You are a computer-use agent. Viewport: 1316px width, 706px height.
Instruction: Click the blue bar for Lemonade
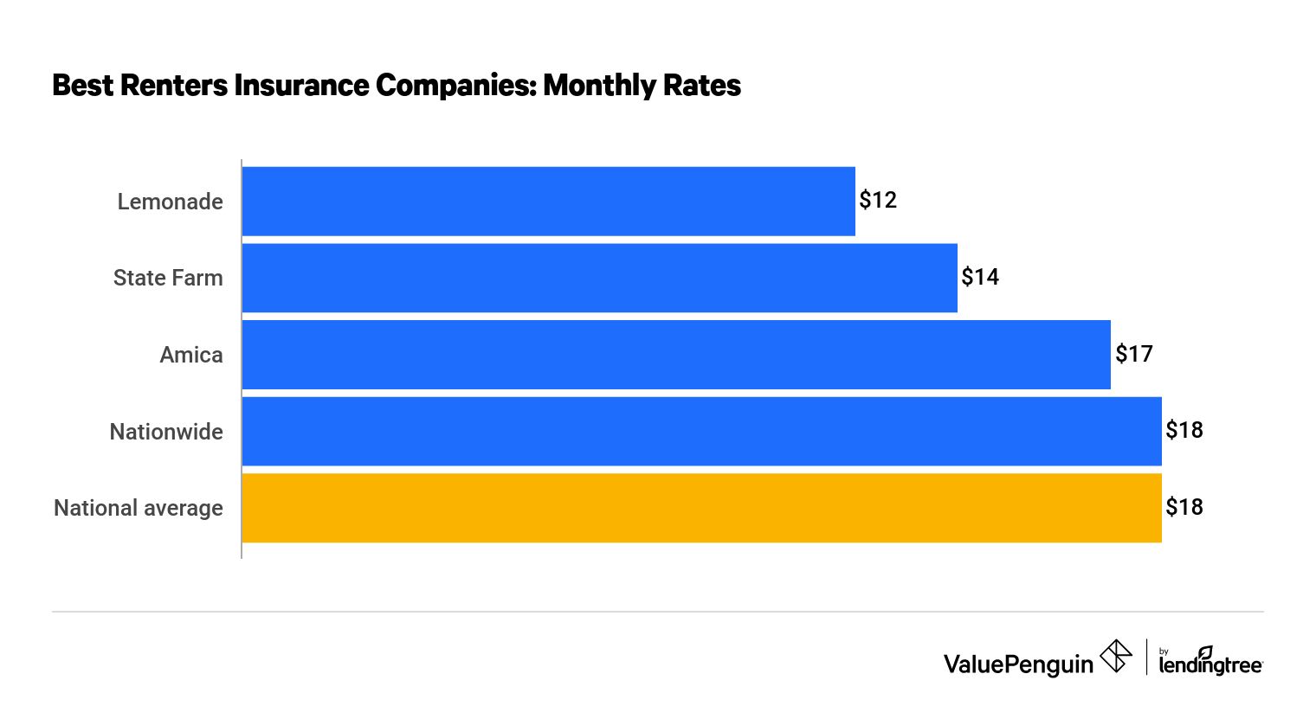(x=548, y=201)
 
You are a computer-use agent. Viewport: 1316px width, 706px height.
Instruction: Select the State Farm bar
(x=599, y=278)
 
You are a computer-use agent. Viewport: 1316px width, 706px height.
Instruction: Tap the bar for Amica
(x=675, y=355)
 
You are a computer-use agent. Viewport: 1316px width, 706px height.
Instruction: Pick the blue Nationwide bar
(x=701, y=431)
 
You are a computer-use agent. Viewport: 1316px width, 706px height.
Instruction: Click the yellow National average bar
(x=701, y=508)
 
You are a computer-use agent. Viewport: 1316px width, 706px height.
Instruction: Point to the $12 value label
(x=878, y=201)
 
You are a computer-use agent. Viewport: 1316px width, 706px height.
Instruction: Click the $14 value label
(x=980, y=277)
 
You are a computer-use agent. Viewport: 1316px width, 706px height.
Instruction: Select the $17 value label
(x=1134, y=354)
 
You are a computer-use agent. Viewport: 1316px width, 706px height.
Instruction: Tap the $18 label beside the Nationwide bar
(x=1184, y=430)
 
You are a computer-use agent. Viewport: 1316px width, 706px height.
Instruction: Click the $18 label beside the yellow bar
(x=1184, y=507)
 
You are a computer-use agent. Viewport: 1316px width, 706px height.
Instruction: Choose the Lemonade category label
(x=170, y=202)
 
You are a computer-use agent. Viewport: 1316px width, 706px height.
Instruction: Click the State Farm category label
(x=168, y=278)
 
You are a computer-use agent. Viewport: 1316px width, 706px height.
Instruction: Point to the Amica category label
(x=191, y=355)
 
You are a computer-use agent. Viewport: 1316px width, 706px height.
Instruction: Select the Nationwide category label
(x=166, y=432)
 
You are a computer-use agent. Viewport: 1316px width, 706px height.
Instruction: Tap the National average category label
(x=139, y=508)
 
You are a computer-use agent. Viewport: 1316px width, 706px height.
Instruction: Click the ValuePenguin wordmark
(x=1018, y=664)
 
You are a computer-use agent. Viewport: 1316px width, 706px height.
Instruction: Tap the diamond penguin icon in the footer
(x=1116, y=656)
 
